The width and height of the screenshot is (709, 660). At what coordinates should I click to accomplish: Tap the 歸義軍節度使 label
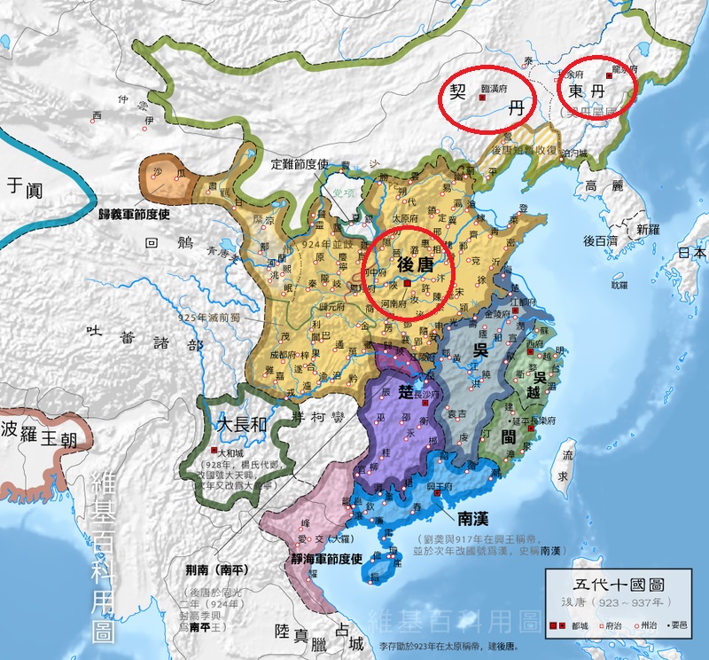[x=145, y=215]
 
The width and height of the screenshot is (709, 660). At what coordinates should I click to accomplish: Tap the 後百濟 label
[x=601, y=240]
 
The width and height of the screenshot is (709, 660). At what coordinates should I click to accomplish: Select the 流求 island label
[x=561, y=467]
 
